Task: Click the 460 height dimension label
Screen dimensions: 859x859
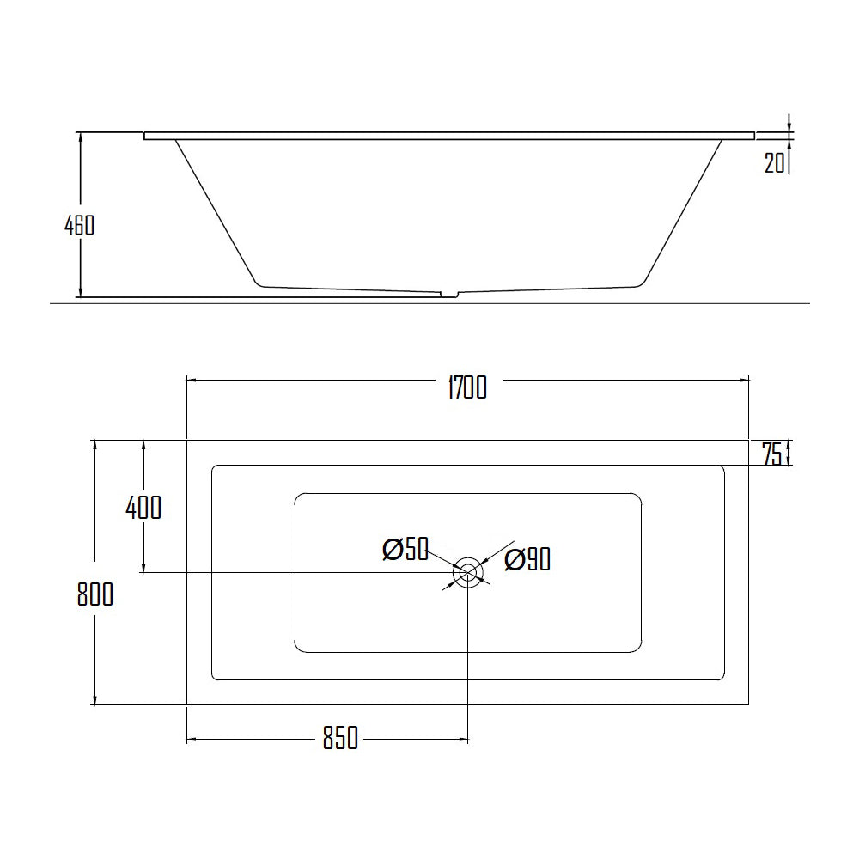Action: pyautogui.click(x=79, y=225)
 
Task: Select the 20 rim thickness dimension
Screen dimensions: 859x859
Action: pyautogui.click(x=775, y=162)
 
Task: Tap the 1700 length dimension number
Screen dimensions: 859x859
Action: pyautogui.click(x=466, y=388)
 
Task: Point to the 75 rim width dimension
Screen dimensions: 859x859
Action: pyautogui.click(x=772, y=454)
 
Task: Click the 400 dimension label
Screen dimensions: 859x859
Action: pyautogui.click(x=143, y=508)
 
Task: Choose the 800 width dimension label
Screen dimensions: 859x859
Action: pyautogui.click(x=94, y=594)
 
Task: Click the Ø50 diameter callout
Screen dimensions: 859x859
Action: pyautogui.click(x=405, y=550)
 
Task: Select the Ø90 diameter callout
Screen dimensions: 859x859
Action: pyautogui.click(x=527, y=560)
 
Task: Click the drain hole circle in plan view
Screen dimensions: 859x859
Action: pyautogui.click(x=468, y=572)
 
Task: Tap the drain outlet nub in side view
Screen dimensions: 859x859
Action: pyautogui.click(x=449, y=295)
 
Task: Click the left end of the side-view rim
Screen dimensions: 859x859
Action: pyautogui.click(x=146, y=136)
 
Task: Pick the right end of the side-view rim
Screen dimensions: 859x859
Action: pyautogui.click(x=753, y=136)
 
